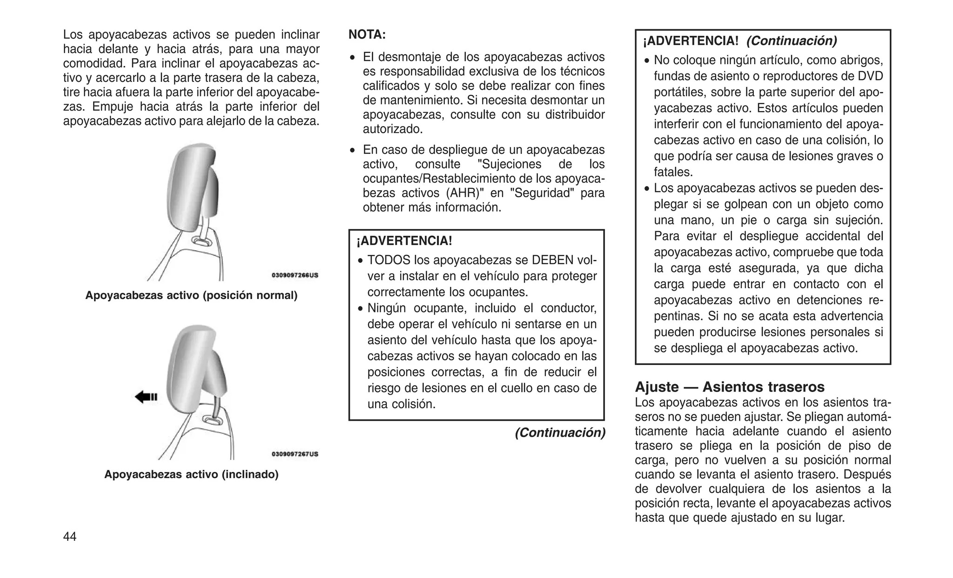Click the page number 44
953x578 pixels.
coord(70,537)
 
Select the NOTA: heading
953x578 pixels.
coord(367,35)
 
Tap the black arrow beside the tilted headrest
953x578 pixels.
coord(146,397)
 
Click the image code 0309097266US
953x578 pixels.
coord(295,275)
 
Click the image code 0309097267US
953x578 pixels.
coord(295,454)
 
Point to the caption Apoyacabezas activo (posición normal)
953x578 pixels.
coord(191,295)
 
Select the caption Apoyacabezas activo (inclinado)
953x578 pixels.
coord(191,474)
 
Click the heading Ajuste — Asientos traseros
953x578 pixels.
coord(730,387)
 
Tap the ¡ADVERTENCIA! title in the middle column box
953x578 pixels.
coord(404,241)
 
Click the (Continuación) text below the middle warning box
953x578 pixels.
coord(560,433)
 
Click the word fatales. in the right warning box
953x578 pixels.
coord(673,173)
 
